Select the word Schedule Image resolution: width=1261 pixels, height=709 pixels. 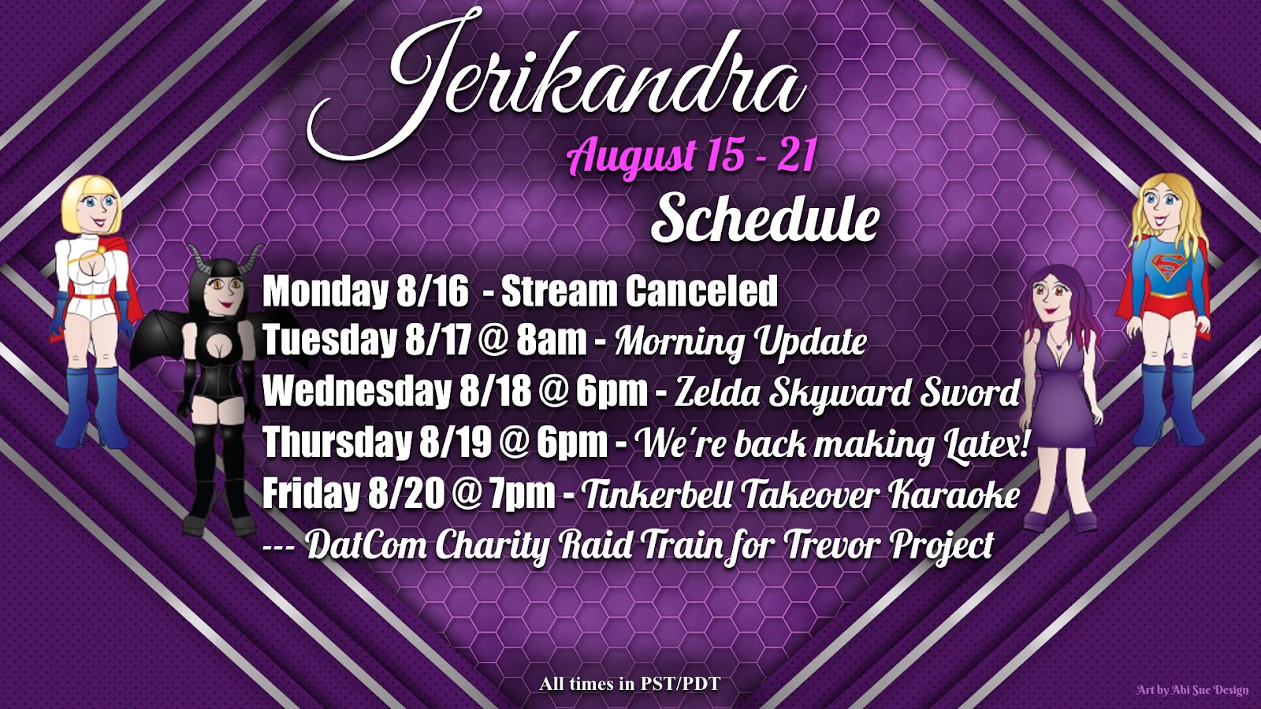pos(764,221)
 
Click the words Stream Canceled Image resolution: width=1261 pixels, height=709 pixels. pos(639,291)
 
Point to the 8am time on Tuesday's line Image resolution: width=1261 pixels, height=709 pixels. pos(552,340)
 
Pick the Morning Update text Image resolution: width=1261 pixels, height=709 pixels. pos(740,341)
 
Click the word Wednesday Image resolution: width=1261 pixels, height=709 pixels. pos(357,392)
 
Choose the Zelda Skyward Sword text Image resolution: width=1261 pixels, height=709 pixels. pos(846,393)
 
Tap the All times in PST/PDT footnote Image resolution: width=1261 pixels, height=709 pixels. pos(630,685)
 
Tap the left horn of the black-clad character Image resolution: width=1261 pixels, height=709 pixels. pos(197,262)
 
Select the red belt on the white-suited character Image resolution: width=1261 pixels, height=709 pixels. pos(94,295)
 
